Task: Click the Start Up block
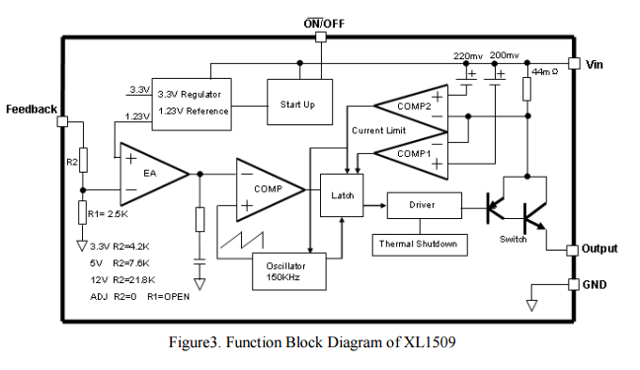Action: coord(299,102)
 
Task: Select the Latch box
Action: coord(342,195)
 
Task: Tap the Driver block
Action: coord(424,205)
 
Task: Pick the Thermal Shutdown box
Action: coord(420,245)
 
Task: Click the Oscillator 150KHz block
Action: coord(289,271)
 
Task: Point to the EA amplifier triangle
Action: coord(154,175)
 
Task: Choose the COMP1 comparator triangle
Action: coord(411,155)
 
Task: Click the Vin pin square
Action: coord(574,63)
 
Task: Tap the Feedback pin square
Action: coord(62,121)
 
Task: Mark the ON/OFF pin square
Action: coord(321,37)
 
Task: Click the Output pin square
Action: coord(572,250)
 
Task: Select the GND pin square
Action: coord(574,284)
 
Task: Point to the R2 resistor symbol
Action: coord(83,160)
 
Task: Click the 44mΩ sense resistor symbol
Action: coord(527,89)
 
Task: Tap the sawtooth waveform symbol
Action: coord(242,240)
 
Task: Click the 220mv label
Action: coord(468,56)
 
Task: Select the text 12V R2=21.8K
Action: coord(122,280)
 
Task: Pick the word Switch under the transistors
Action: coord(513,240)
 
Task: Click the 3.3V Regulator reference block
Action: coord(192,105)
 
